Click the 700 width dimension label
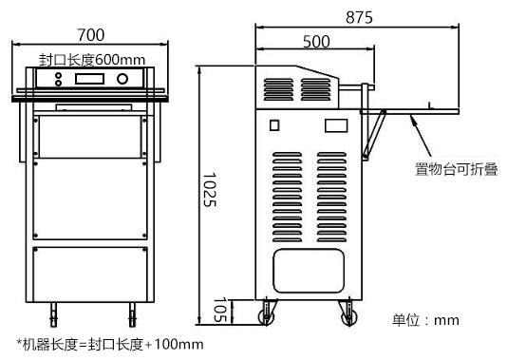[x=91, y=35]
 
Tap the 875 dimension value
[x=359, y=17]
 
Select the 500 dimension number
[x=316, y=42]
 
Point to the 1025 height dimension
[x=209, y=190]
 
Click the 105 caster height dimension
[x=220, y=311]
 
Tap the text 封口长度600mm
[x=92, y=60]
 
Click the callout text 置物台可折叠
[x=457, y=169]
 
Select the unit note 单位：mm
[x=425, y=320]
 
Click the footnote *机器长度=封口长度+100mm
[x=110, y=344]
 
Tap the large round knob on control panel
[x=122, y=79]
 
